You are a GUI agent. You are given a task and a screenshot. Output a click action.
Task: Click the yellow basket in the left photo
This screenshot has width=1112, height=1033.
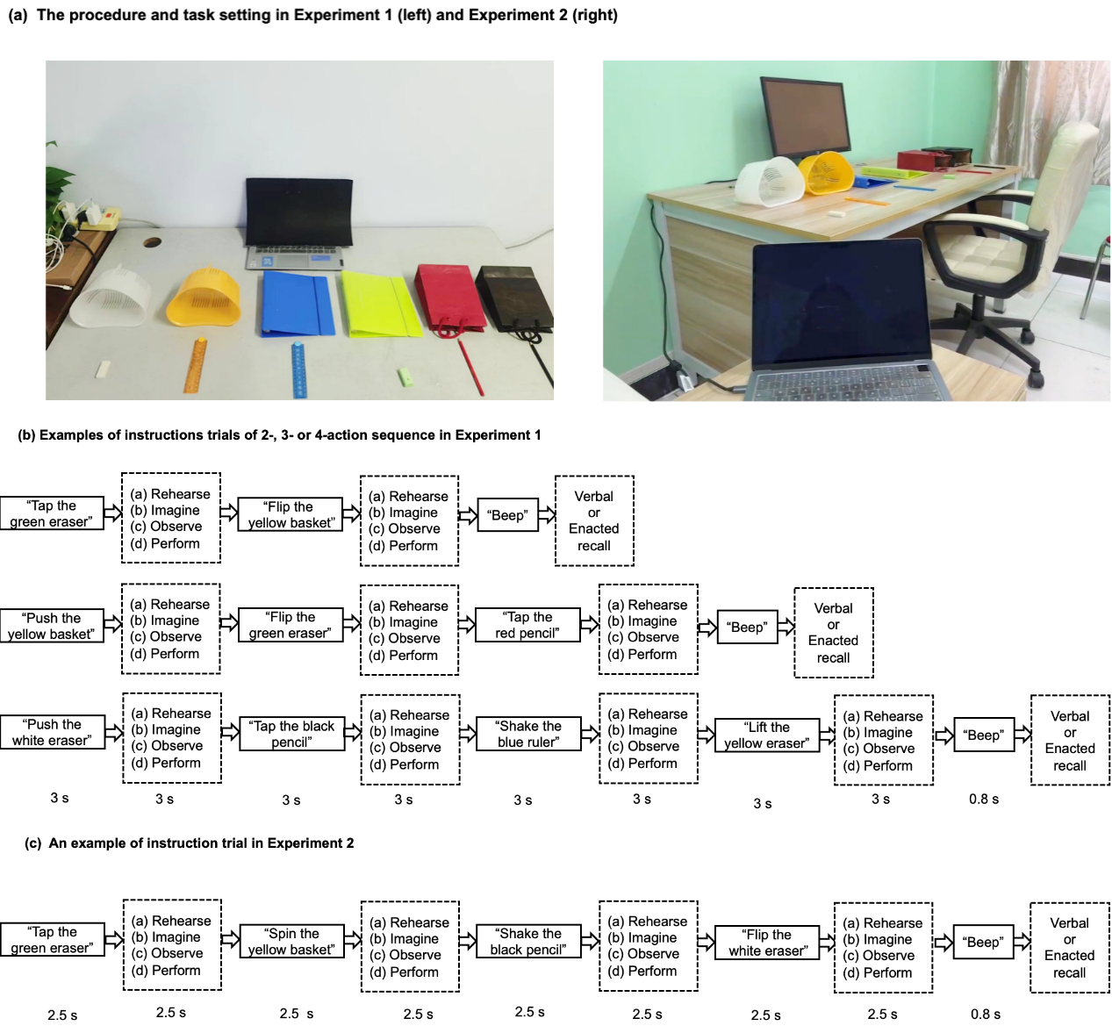(204, 298)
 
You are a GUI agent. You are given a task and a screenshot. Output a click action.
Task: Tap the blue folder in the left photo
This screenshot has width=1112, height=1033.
(297, 304)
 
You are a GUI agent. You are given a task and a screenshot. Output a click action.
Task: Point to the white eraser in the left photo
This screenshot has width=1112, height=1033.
(103, 369)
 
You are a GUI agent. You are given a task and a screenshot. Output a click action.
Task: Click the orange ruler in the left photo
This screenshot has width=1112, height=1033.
(196, 365)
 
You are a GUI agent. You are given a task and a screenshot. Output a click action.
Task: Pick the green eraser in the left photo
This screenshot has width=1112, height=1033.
(405, 377)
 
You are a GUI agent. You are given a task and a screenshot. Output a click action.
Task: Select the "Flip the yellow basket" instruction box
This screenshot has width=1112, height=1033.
(290, 514)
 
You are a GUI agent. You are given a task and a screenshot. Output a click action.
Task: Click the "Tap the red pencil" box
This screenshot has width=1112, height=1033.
(527, 625)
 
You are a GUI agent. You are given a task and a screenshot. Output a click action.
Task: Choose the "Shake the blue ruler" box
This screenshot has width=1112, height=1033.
(528, 734)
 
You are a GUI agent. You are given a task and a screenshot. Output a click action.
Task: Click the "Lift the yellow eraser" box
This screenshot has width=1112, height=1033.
(767, 735)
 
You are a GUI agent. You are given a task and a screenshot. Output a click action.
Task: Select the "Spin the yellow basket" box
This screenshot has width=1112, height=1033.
(291, 941)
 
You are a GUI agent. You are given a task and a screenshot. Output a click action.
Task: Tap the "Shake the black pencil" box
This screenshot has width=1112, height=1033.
(528, 941)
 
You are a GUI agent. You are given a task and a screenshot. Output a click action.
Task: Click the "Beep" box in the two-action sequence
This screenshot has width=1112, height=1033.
(508, 515)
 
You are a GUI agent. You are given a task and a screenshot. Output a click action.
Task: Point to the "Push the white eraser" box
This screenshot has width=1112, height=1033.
(52, 732)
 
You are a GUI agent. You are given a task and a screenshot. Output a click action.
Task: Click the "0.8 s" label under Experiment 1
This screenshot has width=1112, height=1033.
(984, 800)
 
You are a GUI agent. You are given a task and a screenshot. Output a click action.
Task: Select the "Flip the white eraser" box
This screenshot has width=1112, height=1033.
(767, 943)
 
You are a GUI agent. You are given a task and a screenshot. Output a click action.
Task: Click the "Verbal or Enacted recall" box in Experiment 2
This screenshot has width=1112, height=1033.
(1070, 948)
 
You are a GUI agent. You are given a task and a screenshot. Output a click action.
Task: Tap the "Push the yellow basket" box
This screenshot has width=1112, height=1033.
(52, 626)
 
